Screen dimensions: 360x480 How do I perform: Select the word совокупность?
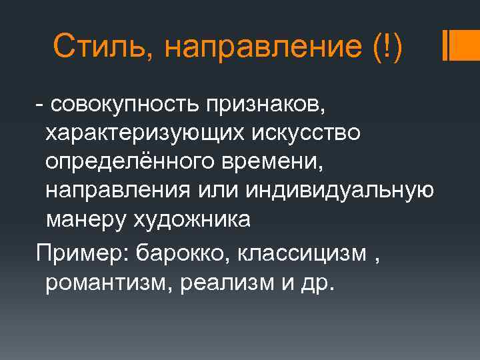click(x=123, y=105)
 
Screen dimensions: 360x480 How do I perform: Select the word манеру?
click(x=85, y=219)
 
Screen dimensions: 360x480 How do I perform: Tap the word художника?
click(x=193, y=219)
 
